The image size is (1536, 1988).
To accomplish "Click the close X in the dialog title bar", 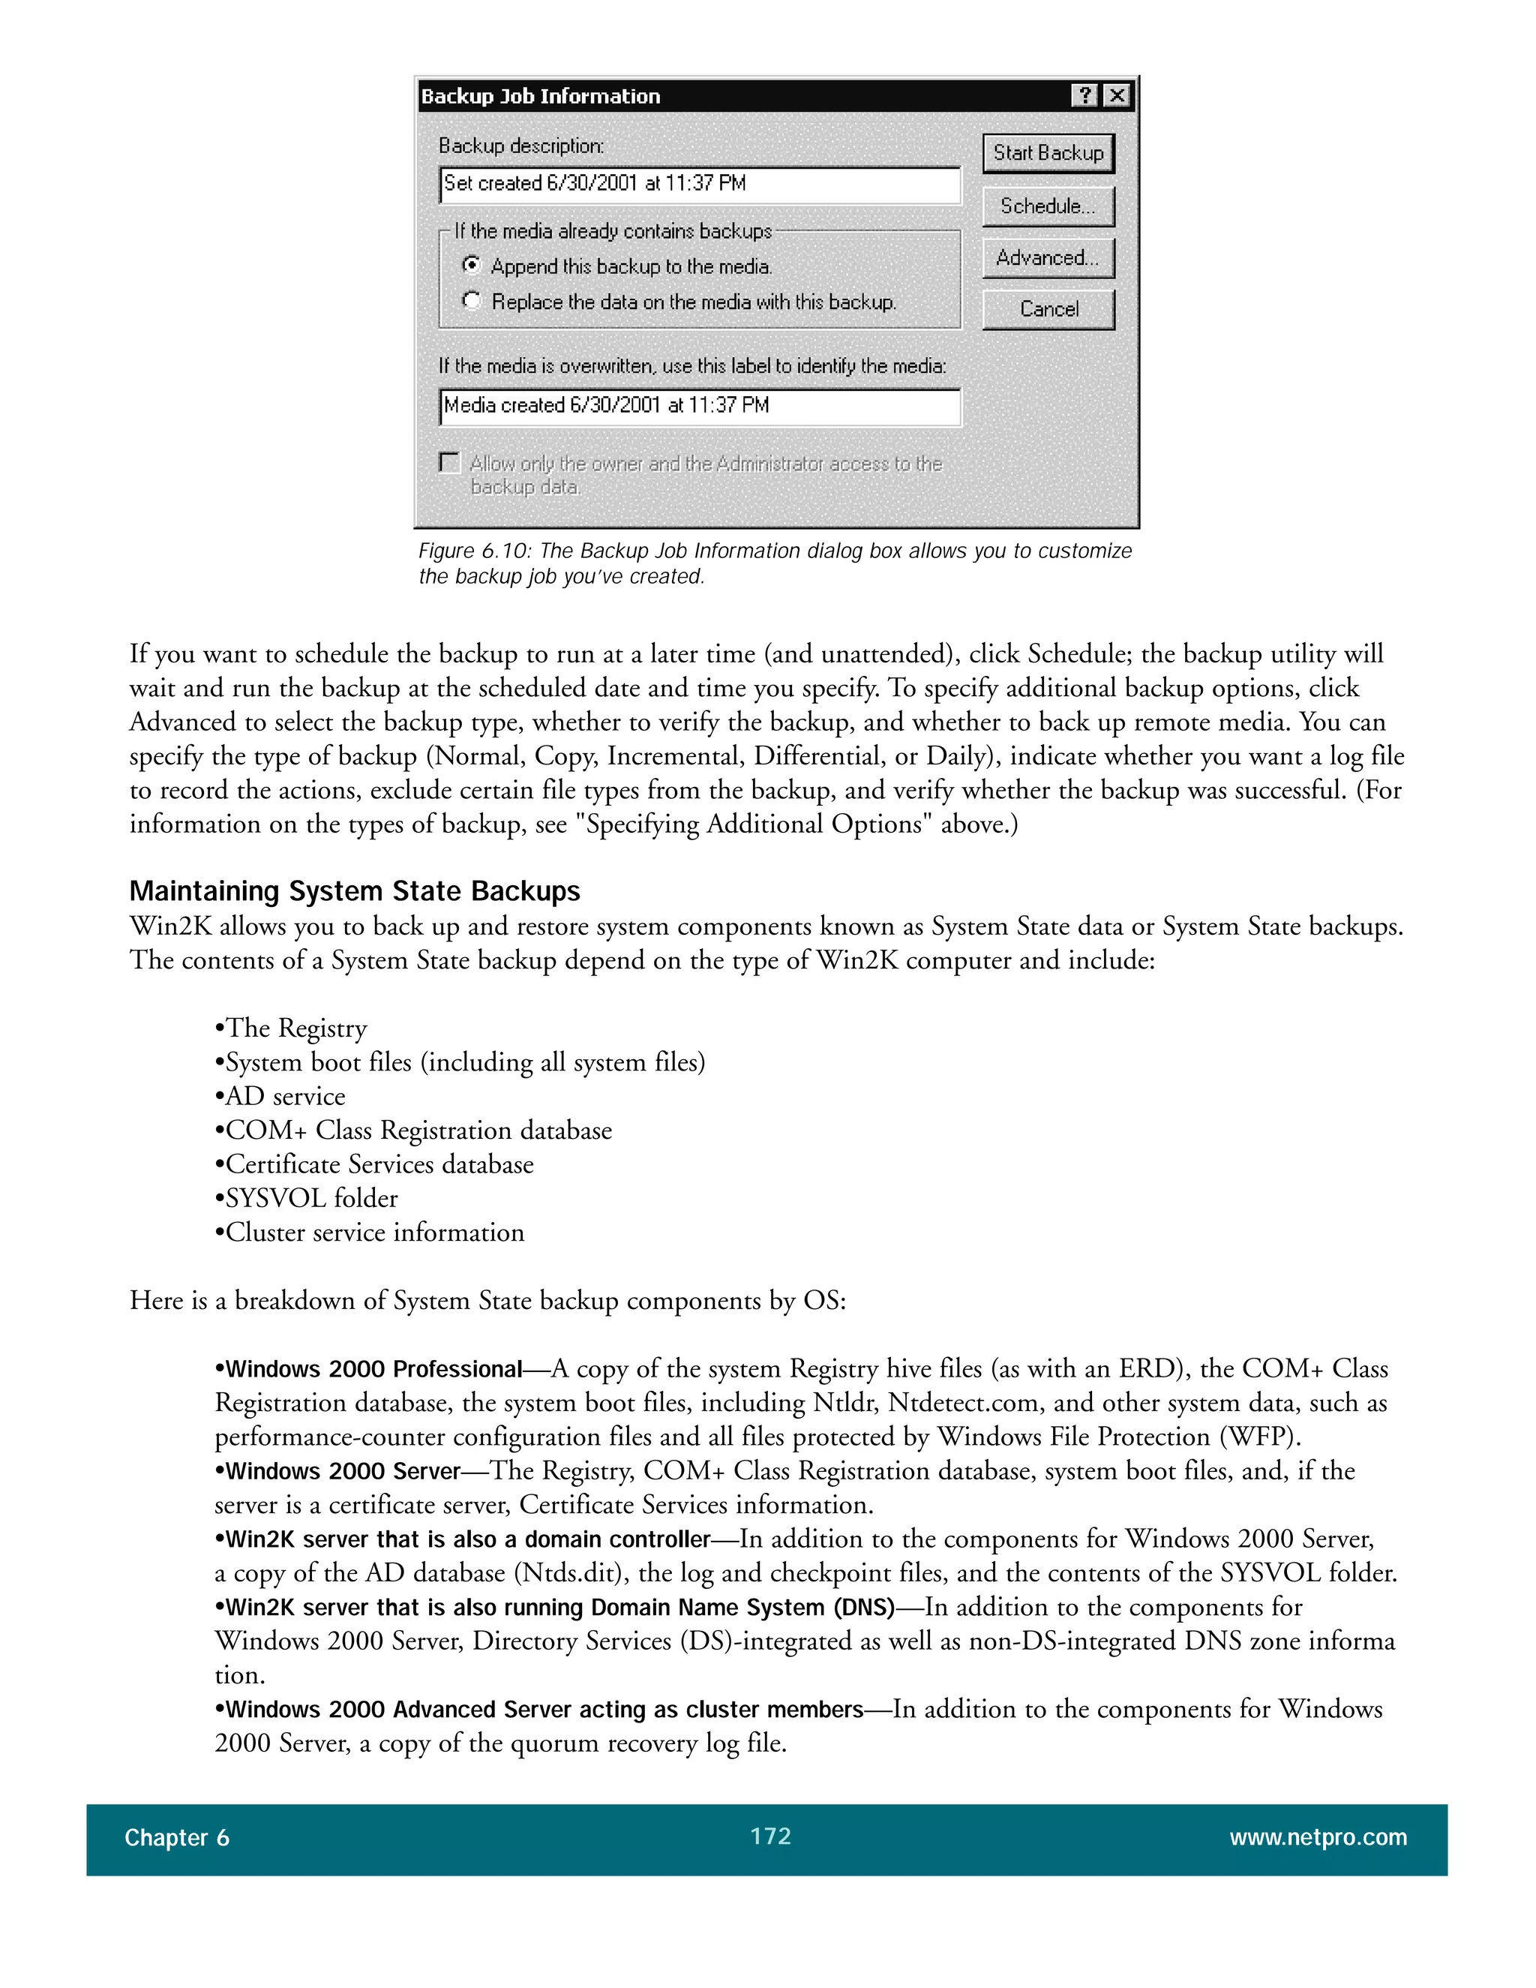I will tap(1117, 95).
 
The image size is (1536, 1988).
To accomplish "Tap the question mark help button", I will tap(1084, 95).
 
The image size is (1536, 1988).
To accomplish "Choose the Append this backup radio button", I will tap(471, 266).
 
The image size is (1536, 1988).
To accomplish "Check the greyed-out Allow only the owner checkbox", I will tap(449, 462).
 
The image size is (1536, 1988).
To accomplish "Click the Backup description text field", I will tap(699, 185).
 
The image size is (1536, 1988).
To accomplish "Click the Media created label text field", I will tap(699, 407).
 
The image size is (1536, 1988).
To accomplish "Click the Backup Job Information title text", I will tap(541, 97).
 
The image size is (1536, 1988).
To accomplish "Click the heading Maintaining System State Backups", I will tap(355, 891).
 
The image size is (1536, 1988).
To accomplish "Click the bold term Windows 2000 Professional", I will tap(373, 1369).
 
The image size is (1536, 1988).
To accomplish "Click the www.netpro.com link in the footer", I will tap(1318, 1838).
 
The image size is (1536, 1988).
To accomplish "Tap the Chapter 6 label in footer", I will tap(178, 1839).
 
